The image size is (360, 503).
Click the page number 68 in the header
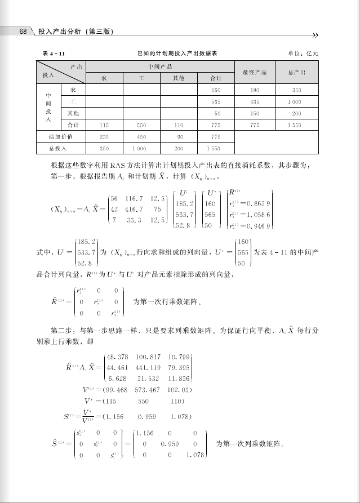click(x=23, y=32)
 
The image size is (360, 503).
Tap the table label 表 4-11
click(x=54, y=53)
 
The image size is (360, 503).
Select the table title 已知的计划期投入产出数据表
click(x=177, y=53)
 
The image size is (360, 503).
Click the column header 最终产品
click(x=254, y=72)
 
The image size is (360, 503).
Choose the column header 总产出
click(x=296, y=72)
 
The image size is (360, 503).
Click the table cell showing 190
click(x=254, y=90)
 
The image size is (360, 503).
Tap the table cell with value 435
click(x=254, y=102)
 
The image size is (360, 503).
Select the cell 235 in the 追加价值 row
click(x=104, y=136)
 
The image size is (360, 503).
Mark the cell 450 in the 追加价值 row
click(x=141, y=136)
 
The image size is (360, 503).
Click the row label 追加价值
click(x=60, y=136)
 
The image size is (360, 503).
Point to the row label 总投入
click(x=60, y=148)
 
